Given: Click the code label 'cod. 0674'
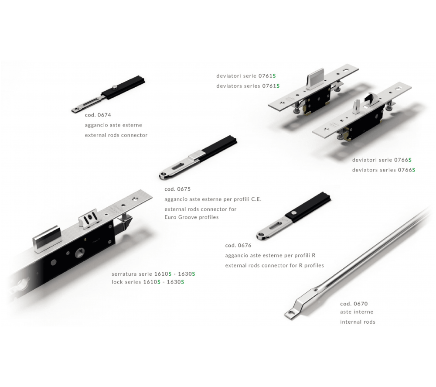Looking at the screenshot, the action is [x=98, y=115].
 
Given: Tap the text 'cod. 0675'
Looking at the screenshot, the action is [x=177, y=189].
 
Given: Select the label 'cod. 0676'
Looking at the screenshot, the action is [x=238, y=245].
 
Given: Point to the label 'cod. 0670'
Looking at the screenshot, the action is [x=354, y=304].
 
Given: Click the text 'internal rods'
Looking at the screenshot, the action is [x=358, y=322].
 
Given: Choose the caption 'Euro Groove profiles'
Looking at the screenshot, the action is [x=191, y=217].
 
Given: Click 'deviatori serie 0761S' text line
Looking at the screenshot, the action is [x=246, y=76].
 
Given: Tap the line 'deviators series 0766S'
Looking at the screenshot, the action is [x=383, y=170].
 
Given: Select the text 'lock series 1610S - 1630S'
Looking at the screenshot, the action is [x=148, y=282].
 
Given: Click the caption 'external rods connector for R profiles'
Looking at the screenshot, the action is [x=274, y=266].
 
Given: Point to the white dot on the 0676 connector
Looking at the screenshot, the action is [x=294, y=213].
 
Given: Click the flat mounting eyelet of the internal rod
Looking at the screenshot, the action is [x=291, y=314].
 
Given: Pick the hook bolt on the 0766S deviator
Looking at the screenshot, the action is [x=370, y=99].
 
